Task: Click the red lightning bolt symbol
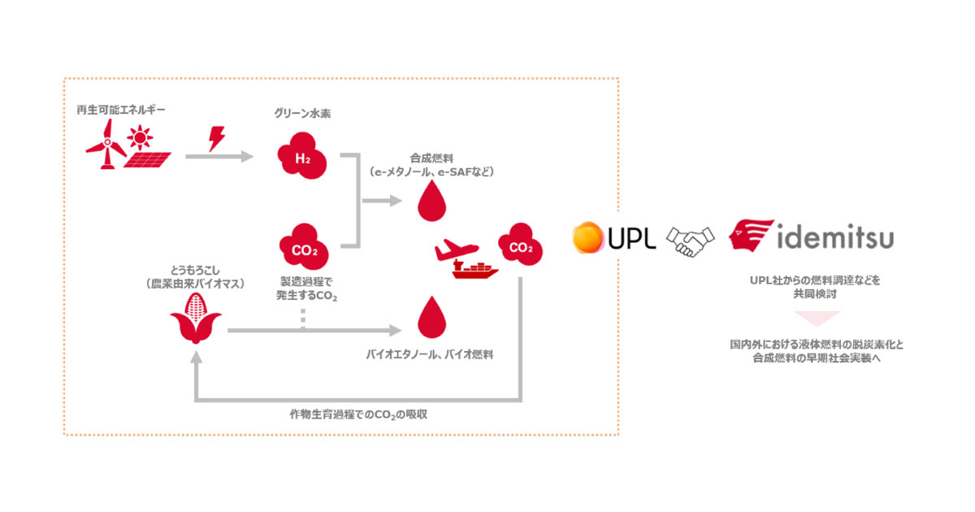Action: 218,138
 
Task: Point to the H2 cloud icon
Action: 302,158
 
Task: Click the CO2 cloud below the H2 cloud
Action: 302,247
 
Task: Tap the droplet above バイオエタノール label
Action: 431,319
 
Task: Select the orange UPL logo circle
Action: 588,237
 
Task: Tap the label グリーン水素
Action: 301,114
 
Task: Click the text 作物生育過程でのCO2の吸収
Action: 358,414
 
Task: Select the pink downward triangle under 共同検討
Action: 815,319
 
